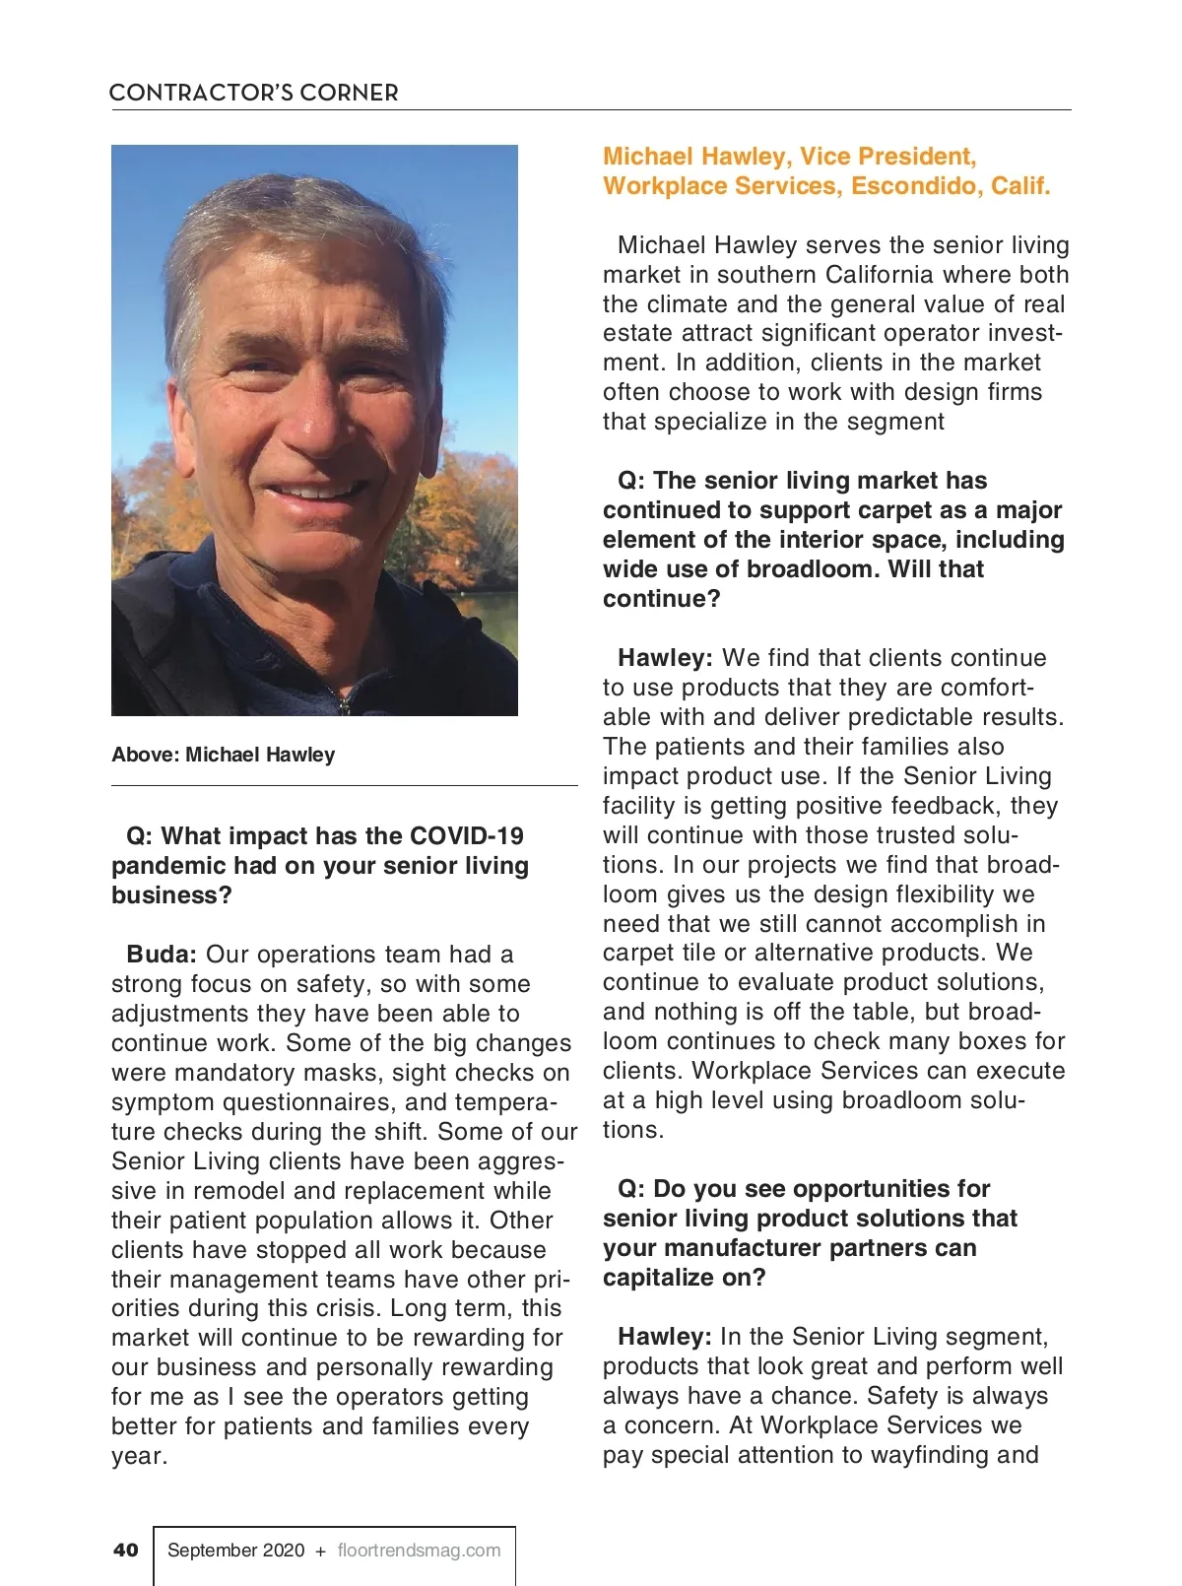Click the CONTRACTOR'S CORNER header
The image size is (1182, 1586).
[253, 93]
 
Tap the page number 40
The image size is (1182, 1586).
[126, 1550]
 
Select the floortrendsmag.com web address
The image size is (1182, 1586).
[419, 1550]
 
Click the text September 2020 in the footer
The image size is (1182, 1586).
[235, 1550]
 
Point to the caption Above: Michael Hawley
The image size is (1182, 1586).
[224, 755]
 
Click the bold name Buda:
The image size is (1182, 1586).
[162, 955]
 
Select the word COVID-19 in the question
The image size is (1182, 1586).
[467, 836]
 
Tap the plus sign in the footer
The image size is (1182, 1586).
[320, 1551]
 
